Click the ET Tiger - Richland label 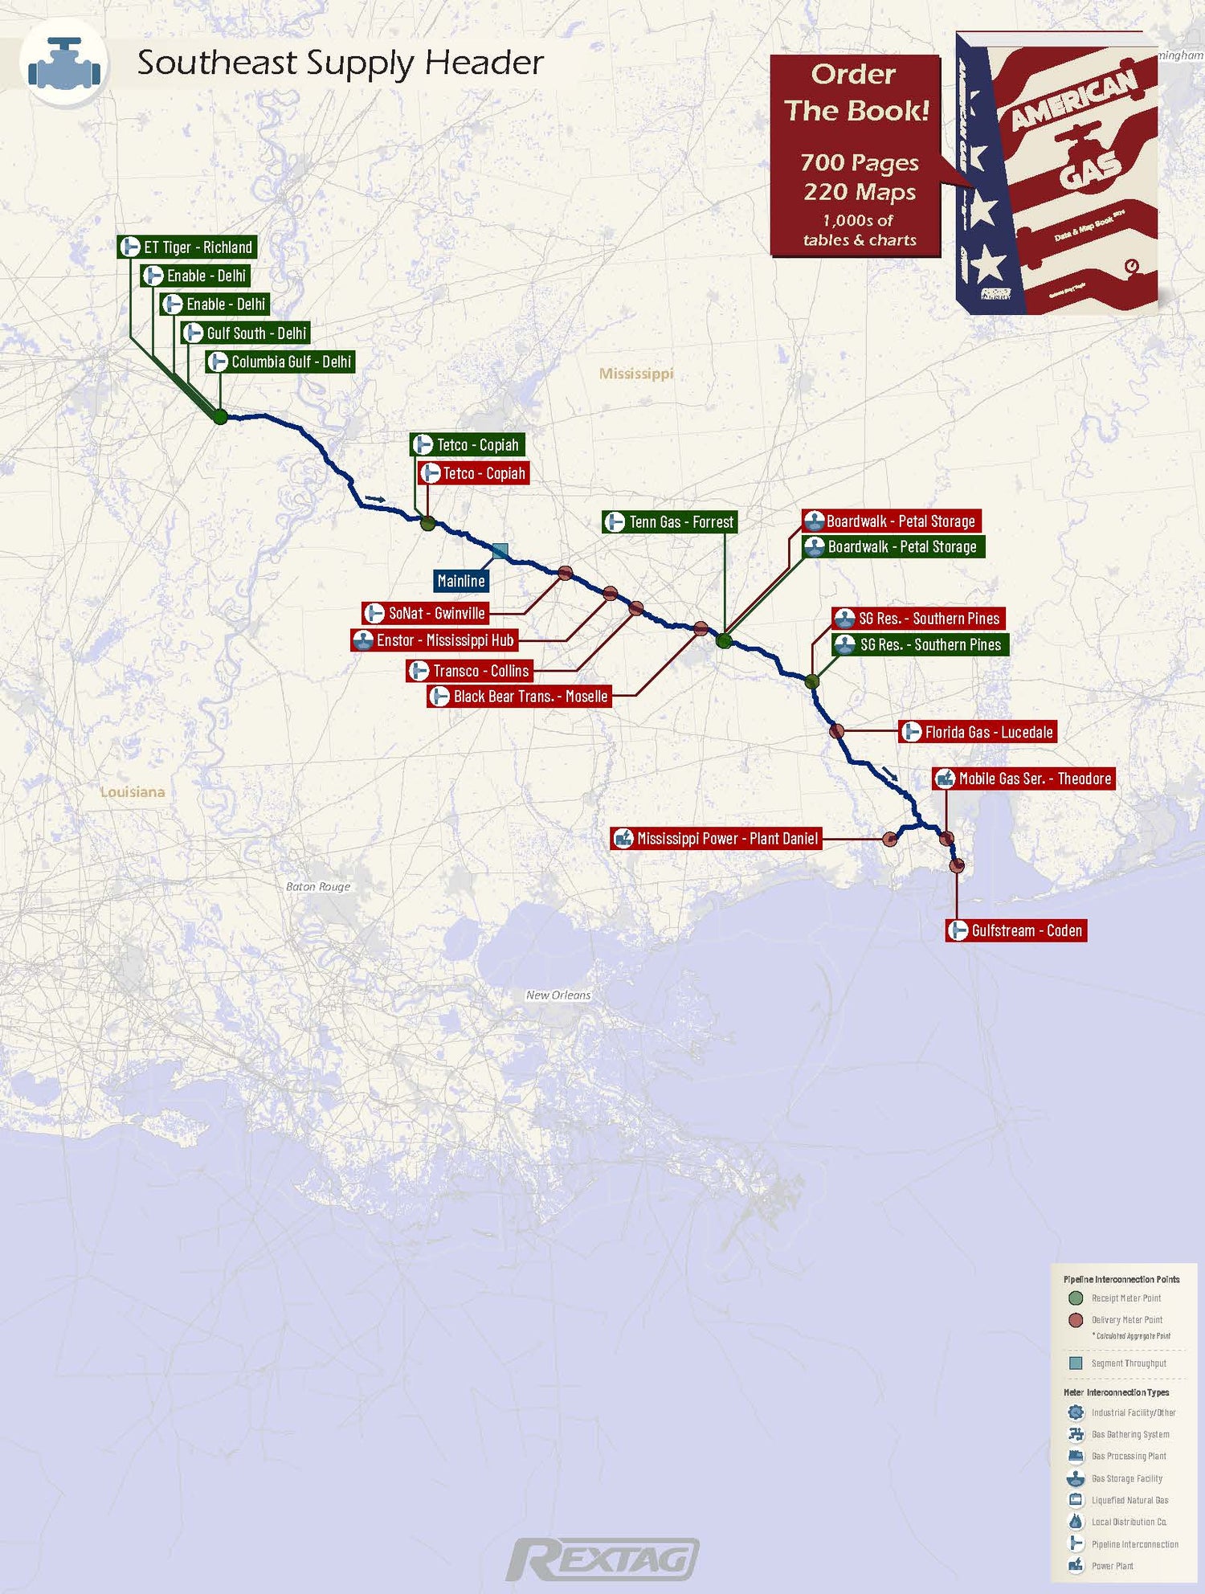click(x=187, y=247)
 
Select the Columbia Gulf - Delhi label click(x=280, y=362)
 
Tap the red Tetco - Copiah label click(x=473, y=474)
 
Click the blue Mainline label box click(x=461, y=581)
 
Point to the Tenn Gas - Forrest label click(x=670, y=522)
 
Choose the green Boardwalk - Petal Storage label click(x=893, y=547)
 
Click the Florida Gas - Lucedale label click(x=977, y=732)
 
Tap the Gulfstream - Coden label click(x=1016, y=931)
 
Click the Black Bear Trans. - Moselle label click(x=520, y=697)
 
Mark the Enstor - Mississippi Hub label click(x=435, y=640)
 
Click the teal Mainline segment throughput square click(x=500, y=551)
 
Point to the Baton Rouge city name click(x=318, y=887)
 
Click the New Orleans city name click(x=558, y=995)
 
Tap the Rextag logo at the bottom click(x=602, y=1560)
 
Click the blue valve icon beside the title click(x=64, y=63)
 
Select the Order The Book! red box click(x=856, y=156)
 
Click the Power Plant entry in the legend click(x=1112, y=1566)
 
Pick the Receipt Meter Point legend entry click(x=1125, y=1298)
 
